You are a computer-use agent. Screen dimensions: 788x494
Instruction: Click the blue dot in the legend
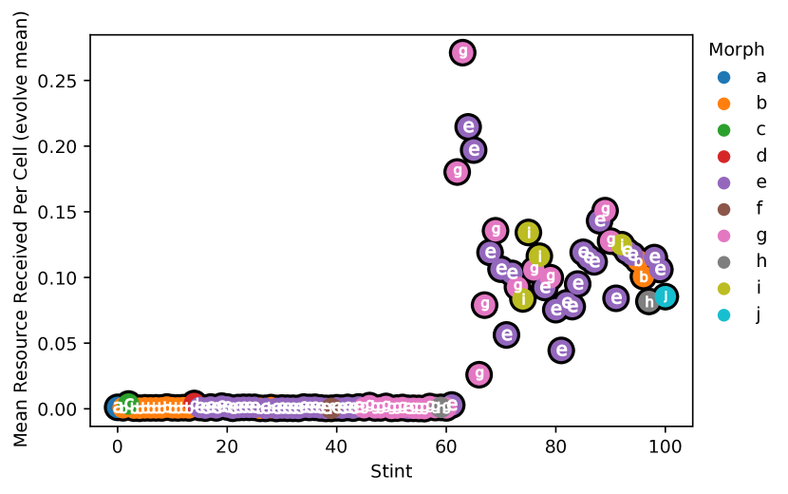723,77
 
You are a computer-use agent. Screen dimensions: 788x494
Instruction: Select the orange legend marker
723,104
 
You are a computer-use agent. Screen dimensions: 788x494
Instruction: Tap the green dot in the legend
723,130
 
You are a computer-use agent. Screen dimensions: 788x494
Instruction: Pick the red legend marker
723,157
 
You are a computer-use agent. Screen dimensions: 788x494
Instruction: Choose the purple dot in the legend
723,183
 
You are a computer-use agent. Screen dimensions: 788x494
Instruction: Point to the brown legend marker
723,209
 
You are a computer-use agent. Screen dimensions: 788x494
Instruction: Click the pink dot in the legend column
723,236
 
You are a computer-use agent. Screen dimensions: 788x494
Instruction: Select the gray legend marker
723,262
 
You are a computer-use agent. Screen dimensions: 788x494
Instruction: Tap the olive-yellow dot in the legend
723,289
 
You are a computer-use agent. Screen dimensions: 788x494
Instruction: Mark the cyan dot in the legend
723,315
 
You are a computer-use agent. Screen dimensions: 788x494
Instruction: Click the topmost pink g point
462,52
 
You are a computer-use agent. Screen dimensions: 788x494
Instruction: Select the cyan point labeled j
666,296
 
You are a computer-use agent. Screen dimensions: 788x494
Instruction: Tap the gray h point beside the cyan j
648,302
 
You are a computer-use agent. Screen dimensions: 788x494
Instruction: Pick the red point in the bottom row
194,403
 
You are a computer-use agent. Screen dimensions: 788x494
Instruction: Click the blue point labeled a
117,408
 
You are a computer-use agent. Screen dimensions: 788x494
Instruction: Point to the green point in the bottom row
128,404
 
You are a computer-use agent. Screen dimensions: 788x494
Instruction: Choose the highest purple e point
468,126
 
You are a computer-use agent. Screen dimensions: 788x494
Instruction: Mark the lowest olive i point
523,299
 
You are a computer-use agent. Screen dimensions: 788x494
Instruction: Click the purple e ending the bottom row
452,405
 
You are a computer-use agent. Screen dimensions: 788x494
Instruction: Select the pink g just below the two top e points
458,172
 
